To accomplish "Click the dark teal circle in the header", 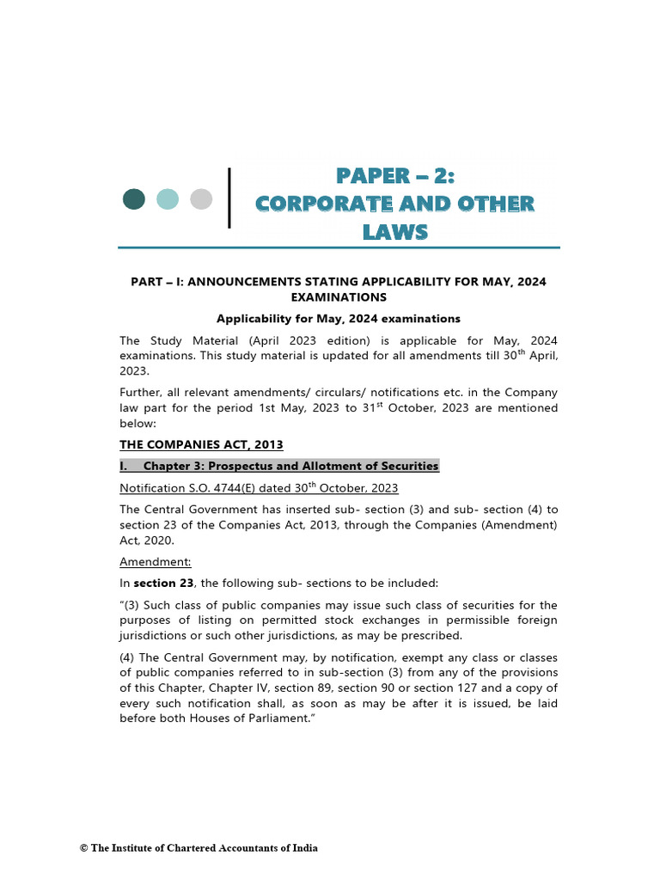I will [134, 199].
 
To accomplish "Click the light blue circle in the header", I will [168, 199].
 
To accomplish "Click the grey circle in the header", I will [201, 199].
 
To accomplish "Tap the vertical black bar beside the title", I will [229, 199].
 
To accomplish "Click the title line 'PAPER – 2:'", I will [394, 176].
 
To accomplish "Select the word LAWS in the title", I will [394, 232].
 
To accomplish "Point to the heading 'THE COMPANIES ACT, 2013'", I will [201, 444].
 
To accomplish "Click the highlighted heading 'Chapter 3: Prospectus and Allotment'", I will [290, 466].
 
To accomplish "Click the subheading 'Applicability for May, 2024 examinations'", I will [339, 318].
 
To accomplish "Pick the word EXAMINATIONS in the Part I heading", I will [339, 297].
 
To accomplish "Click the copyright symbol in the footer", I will [83, 848].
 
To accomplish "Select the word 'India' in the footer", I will [305, 848].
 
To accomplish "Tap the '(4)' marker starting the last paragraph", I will [129, 656].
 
